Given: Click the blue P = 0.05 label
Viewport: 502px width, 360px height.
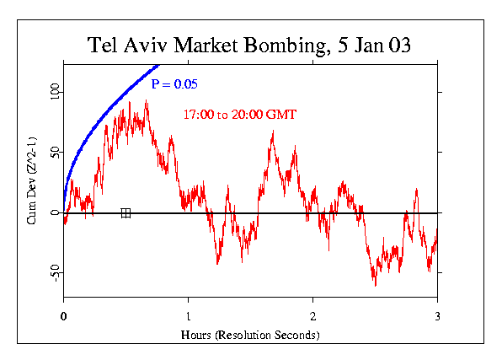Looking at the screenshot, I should coord(174,84).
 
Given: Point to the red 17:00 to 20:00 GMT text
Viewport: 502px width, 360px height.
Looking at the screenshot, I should coord(239,114).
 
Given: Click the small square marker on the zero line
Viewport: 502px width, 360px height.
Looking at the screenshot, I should coord(125,213).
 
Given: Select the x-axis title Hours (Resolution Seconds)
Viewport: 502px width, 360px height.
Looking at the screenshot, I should coord(250,335).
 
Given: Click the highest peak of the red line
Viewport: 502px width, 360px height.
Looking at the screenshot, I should coord(147,101).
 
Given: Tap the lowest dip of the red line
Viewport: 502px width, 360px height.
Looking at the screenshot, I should coord(376,286).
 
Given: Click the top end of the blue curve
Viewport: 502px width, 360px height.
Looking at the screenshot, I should coord(157,64).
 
